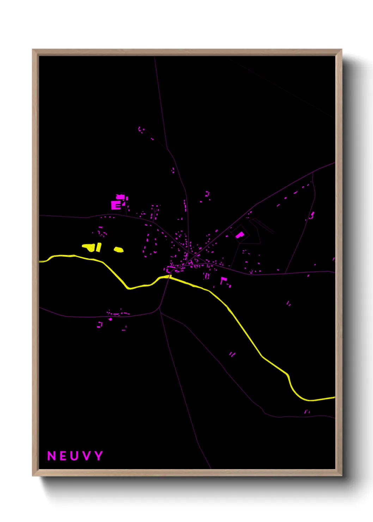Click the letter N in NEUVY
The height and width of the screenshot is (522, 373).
(x=51, y=456)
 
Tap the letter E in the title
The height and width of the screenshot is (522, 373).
(x=63, y=456)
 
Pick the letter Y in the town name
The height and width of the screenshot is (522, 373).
(x=98, y=456)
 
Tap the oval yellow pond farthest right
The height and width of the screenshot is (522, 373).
(x=118, y=250)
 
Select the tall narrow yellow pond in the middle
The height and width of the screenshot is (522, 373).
(x=99, y=247)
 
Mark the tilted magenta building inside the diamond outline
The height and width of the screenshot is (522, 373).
(x=240, y=235)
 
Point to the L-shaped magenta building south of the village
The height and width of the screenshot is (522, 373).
(x=223, y=280)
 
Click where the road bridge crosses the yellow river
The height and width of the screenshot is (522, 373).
(x=169, y=277)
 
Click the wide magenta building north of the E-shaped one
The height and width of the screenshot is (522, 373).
(x=121, y=197)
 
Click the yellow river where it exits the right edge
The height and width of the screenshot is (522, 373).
(x=334, y=397)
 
